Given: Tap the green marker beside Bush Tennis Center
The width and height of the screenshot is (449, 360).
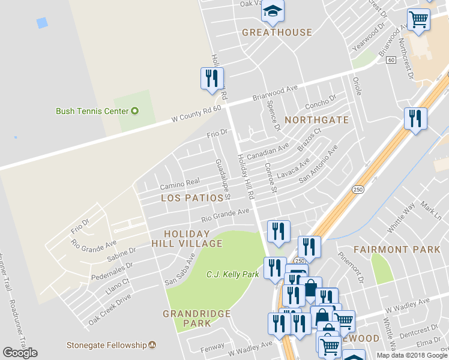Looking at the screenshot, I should [135, 111].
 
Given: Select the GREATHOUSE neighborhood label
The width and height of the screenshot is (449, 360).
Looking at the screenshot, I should [277, 32].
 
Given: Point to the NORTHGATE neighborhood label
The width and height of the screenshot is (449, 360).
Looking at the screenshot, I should [316, 120].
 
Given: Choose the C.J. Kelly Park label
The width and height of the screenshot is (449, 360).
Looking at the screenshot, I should [232, 274].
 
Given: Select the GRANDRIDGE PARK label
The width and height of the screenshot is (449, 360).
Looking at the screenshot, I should [196, 318].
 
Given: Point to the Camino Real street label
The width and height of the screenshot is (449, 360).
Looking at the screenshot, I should [179, 182].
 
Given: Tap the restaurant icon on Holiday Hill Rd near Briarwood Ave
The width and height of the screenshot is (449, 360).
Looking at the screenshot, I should [212, 79].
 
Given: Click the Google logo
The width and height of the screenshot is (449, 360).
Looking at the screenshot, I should [20, 352].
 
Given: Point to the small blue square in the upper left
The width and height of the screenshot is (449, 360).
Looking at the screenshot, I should [41, 23].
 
